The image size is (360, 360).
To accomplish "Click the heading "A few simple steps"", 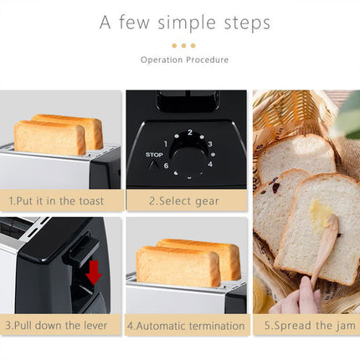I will coord(184,23).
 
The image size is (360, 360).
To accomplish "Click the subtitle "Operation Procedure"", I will coord(184,60).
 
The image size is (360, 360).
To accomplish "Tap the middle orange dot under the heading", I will coord(183,45).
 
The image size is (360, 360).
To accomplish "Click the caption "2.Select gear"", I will coord(184,201).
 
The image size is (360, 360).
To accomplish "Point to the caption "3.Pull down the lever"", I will coord(59,326).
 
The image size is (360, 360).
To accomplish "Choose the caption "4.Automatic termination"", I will coord(185,326).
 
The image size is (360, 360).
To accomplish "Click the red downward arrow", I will coord(93,272).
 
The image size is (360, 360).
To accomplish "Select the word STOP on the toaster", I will coord(154,155).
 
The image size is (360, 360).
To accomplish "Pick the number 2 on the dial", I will coord(190,132).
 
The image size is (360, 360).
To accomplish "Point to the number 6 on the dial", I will coord(166,166).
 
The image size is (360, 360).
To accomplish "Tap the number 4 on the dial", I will coord(210,164).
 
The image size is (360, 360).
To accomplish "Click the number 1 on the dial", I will coord(165,143).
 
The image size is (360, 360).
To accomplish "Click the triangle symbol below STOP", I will coord(152,165).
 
